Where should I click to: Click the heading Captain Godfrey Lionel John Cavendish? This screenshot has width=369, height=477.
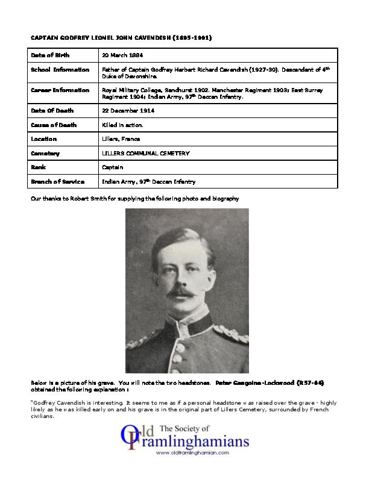[x=121, y=37]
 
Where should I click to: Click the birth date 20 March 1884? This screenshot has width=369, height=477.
[x=123, y=55]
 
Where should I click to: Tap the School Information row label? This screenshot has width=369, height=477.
[x=60, y=70]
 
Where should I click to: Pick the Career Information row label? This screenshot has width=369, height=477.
[x=60, y=90]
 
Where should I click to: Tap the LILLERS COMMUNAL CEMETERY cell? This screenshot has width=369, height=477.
[x=145, y=153]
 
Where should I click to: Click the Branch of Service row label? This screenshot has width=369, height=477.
[x=57, y=181]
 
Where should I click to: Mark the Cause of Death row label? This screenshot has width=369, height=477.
[x=54, y=125]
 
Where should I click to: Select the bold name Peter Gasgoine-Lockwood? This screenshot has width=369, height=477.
[x=253, y=382]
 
